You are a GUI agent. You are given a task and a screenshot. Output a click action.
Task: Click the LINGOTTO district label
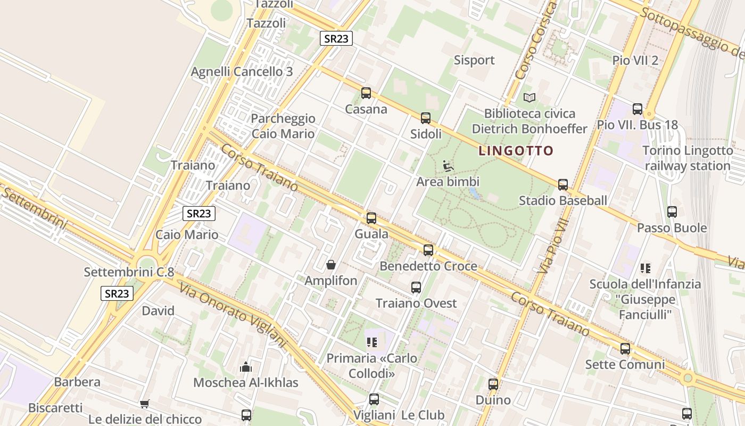[x=516, y=151]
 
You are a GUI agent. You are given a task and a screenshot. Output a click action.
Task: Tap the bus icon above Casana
[x=366, y=93]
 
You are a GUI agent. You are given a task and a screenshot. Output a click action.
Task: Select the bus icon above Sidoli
[x=426, y=118]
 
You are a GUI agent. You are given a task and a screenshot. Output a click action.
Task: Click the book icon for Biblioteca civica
[x=529, y=97]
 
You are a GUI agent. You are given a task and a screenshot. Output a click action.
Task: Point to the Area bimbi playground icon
[x=448, y=166]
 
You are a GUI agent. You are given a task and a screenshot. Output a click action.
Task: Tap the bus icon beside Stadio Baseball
[x=563, y=185]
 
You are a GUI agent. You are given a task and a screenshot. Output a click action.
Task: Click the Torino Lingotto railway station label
[x=688, y=158]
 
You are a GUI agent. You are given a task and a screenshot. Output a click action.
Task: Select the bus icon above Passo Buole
[x=672, y=212]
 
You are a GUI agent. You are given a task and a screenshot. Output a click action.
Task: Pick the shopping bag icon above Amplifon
[x=331, y=265]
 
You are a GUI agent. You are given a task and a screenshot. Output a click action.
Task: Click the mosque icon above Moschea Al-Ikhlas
[x=245, y=367]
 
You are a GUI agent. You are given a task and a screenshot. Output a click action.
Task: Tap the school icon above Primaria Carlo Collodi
[x=371, y=342]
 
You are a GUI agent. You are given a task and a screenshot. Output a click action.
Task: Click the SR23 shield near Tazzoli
[x=336, y=38]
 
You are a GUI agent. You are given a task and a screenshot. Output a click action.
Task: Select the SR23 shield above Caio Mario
[x=199, y=214]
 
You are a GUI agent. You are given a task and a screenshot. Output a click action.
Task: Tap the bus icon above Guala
[x=371, y=218]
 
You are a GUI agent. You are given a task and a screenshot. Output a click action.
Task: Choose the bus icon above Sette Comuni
[x=625, y=349]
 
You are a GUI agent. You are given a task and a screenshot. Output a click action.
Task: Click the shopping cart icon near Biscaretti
[x=144, y=404]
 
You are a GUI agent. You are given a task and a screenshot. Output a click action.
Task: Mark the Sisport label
[x=474, y=60]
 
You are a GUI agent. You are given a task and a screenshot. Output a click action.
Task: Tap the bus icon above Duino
[x=493, y=384]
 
